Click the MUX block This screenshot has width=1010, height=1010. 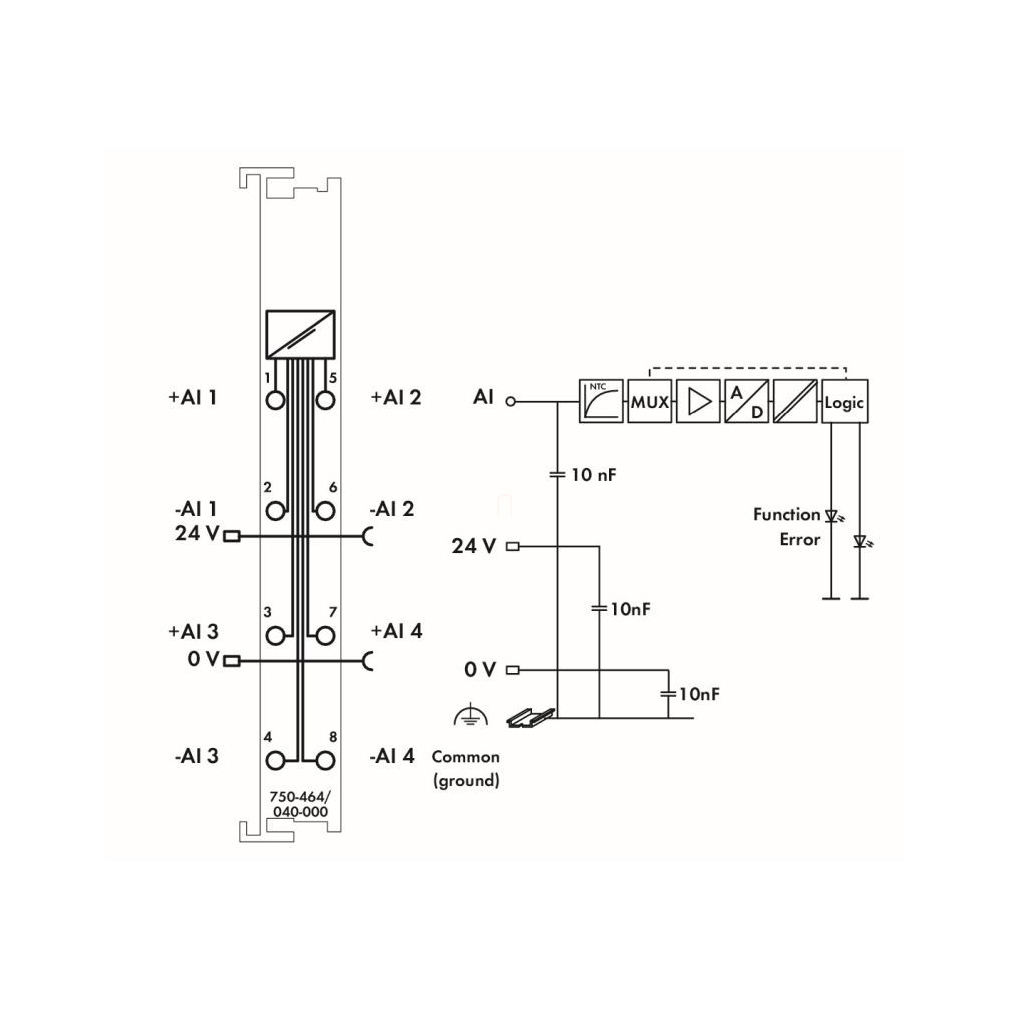point(649,401)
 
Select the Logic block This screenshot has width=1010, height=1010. point(844,401)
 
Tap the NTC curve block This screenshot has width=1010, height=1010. point(601,401)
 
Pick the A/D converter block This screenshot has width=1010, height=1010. point(747,401)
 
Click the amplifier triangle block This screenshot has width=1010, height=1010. point(698,401)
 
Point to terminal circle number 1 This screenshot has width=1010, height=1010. point(275,400)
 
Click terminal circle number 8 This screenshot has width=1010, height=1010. point(326,761)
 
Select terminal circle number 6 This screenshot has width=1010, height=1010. point(326,511)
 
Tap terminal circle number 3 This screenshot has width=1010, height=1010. point(275,636)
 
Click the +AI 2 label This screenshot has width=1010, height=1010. point(395,397)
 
